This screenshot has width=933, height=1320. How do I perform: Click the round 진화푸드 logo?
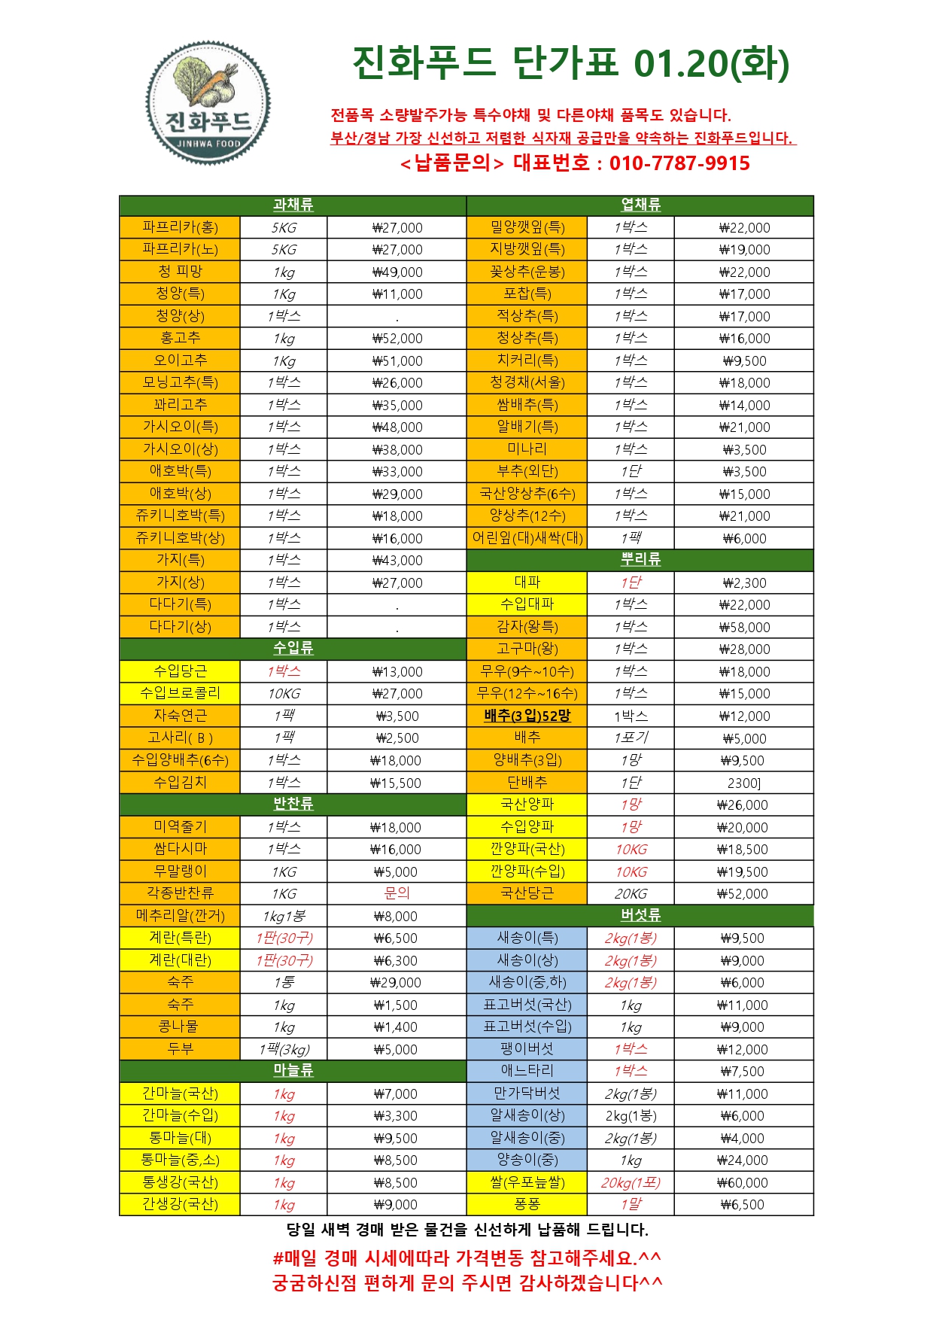208,102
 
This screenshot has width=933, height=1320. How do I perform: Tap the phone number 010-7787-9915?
679,163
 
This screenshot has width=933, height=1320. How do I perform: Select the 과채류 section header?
293,205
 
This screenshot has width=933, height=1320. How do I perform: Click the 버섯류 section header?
640,915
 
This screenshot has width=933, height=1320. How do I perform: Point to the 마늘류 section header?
293,1070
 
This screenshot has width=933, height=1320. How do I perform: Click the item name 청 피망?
180,272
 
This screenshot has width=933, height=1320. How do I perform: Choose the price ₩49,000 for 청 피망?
397,272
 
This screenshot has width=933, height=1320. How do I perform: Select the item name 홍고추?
180,338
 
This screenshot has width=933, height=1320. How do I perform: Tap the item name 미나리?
527,449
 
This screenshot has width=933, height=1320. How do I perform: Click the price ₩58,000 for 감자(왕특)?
743,627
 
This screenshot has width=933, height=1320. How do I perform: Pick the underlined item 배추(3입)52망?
527,716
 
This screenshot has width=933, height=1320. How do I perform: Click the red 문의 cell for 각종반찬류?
397,893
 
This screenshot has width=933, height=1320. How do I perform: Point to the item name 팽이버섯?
527,1048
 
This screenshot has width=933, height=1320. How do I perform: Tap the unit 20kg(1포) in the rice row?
630,1182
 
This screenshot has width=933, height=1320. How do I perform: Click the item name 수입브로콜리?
180,693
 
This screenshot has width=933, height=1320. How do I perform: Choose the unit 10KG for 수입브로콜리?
284,694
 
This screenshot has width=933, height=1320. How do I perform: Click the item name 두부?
180,1048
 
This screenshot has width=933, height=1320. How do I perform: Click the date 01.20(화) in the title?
711,63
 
